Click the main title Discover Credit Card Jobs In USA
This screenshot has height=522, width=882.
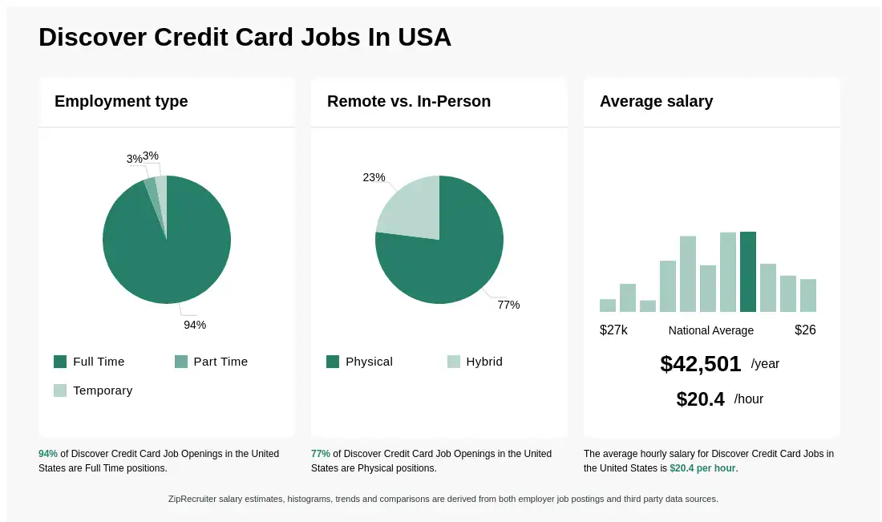pos(245,37)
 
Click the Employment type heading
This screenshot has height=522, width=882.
pos(121,101)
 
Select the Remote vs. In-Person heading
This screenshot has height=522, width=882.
pos(409,101)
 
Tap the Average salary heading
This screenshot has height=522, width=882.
pos(656,101)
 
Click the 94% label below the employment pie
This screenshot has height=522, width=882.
pos(195,325)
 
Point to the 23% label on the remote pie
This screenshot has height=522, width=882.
pos(374,177)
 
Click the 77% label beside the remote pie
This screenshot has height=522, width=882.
pos(508,305)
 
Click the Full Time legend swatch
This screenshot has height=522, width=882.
pos(60,362)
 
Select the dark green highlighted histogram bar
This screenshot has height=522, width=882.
pos(748,271)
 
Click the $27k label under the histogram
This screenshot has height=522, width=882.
pos(613,330)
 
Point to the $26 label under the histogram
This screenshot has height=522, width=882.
pos(805,330)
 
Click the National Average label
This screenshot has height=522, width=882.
pos(711,330)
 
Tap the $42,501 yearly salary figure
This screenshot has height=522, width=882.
pos(701,364)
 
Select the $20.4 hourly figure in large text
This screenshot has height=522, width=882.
pos(701,399)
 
